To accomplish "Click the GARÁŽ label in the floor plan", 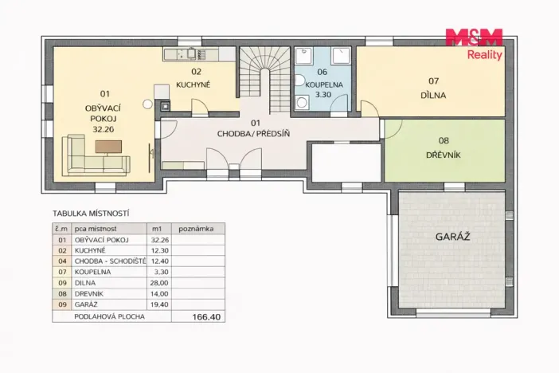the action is pos(453,237).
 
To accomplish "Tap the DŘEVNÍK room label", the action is pos(444,155).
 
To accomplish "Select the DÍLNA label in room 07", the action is pos(433,96).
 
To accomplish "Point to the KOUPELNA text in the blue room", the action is pos(324,85).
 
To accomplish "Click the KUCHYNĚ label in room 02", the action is pos(193,84).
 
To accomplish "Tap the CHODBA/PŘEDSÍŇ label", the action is pos(253,134).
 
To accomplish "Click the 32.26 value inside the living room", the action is pos(104,129).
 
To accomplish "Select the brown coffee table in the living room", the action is pos(108,147).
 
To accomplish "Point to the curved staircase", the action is pos(264,80).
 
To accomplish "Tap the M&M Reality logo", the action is pos(475,45).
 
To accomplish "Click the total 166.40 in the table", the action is pos(206,316).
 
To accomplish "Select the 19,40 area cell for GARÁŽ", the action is pos(160,304).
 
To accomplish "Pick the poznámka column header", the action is pos(196,229).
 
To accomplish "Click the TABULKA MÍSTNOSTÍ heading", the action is pos(91,214).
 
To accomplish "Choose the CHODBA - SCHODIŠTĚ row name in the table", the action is pos(110,261).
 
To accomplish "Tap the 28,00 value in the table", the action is pos(160,283).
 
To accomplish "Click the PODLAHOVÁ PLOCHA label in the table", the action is pos(109,316).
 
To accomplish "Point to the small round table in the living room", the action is pos(147,104).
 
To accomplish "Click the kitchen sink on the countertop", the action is pos(191,53).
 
